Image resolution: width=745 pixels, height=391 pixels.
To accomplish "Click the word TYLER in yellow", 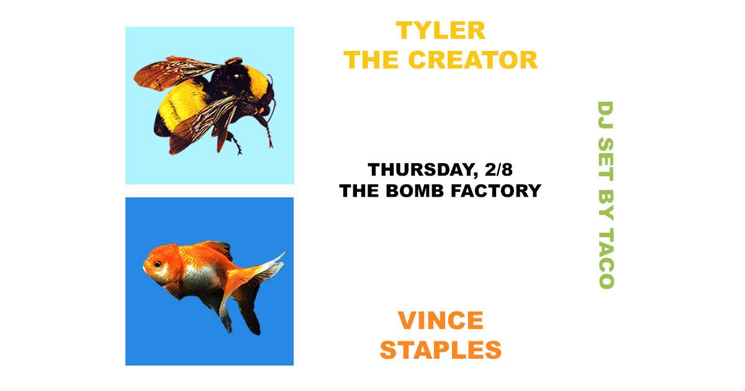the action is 440,30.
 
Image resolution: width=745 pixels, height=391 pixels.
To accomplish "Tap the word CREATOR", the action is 472,60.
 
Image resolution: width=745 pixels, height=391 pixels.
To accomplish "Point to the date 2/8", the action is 499,169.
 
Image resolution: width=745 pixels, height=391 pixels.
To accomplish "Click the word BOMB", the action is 415,191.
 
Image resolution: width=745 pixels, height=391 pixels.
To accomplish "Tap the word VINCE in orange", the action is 440,320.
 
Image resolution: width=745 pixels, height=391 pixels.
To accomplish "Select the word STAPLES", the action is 440,350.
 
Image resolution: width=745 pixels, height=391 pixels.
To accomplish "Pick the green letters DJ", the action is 606,115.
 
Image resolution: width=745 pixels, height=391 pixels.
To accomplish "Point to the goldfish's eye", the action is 157,264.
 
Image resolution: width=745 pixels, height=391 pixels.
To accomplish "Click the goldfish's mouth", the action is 145,267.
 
